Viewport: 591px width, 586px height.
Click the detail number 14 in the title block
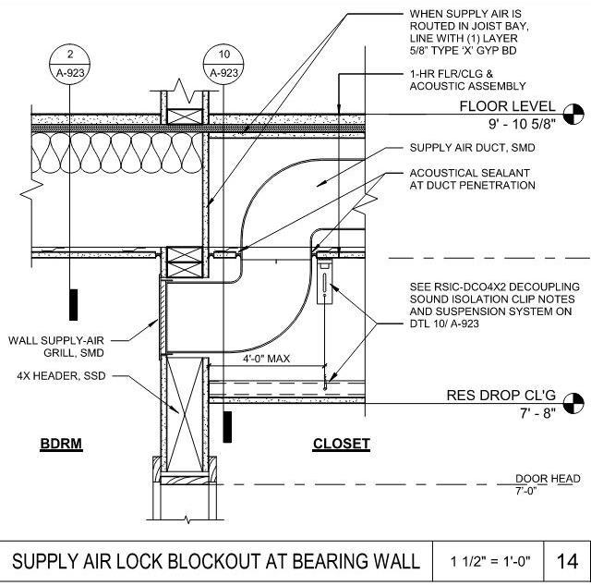coord(566,561)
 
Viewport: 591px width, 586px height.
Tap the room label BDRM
coord(62,444)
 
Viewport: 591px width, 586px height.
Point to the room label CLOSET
coord(342,444)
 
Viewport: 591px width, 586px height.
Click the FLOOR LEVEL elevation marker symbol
coord(573,114)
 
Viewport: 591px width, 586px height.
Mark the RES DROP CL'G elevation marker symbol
coord(573,402)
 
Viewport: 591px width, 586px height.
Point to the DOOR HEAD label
coord(548,478)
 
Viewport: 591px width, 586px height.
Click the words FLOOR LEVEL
coord(508,107)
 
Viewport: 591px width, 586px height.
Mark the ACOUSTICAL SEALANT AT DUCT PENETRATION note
coord(472,179)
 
